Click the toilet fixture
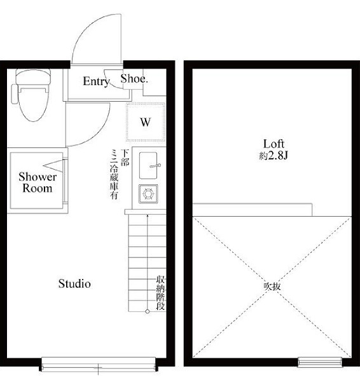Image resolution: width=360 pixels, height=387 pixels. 32,95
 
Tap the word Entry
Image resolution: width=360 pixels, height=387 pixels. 96,81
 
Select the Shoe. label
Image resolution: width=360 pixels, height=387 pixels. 134,79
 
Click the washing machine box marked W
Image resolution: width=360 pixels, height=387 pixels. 145,122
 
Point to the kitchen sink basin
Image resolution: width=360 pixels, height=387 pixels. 148,165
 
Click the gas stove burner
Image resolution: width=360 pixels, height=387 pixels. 148,194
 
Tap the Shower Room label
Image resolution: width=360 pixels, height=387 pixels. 38,182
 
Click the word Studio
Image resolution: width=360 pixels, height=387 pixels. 74,283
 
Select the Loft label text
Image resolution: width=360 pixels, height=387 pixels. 273,144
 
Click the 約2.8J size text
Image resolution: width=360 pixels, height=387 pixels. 273,156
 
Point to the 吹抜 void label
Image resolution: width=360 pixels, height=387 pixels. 272,287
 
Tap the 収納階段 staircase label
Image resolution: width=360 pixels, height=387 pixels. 160,293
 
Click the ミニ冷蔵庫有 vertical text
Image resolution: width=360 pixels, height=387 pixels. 114,174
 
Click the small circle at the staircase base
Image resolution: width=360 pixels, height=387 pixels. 148,311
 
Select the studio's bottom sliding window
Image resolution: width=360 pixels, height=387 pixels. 99,364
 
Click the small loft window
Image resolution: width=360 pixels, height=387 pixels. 320,362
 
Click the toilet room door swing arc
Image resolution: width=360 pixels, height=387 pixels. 98,134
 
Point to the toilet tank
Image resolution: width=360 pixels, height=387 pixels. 33,76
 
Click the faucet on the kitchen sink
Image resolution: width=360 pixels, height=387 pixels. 155,166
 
